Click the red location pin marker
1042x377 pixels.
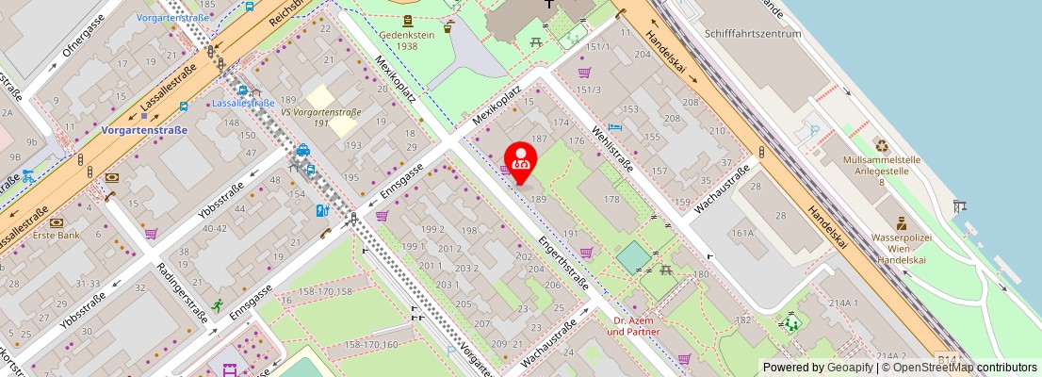(520, 161)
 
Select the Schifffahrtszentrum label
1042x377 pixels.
(752, 33)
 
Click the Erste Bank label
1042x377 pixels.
(57, 237)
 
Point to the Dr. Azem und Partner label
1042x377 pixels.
(633, 326)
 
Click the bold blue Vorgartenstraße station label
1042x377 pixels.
(144, 130)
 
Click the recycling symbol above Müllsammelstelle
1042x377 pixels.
(882, 145)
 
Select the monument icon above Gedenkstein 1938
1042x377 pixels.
(406, 21)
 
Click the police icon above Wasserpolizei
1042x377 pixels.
(902, 224)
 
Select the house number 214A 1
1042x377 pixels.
(843, 303)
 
